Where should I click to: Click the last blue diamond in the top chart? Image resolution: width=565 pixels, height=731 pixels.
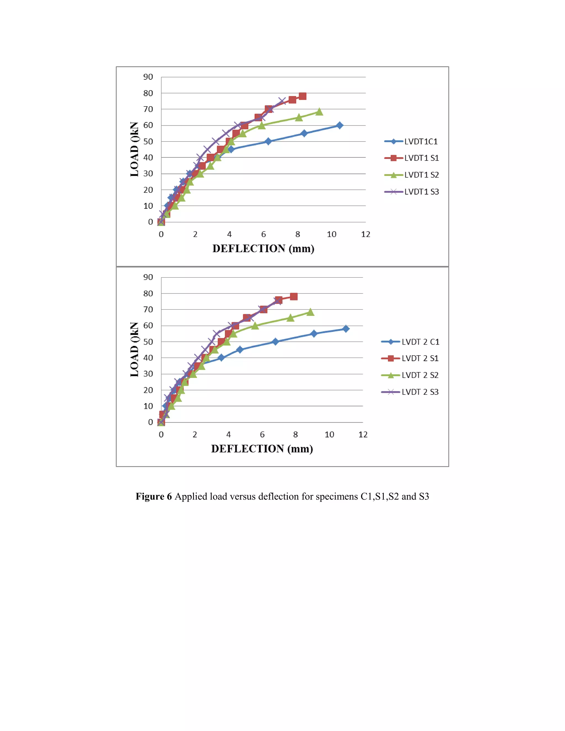[339, 126]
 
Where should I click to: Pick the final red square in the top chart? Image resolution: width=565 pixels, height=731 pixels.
[303, 96]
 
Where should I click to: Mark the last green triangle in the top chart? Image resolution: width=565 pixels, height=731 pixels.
[319, 112]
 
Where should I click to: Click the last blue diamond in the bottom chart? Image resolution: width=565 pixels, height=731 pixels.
[346, 329]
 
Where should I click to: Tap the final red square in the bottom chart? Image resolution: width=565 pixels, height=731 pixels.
[294, 297]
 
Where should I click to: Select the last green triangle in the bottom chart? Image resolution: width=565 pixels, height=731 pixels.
[310, 312]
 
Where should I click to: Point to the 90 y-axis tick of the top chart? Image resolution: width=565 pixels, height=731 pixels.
[148, 77]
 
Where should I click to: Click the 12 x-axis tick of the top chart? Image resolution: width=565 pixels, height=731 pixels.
[366, 234]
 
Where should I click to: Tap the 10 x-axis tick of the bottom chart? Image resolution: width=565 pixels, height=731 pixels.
[329, 434]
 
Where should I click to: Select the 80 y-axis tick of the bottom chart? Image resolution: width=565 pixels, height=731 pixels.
[148, 294]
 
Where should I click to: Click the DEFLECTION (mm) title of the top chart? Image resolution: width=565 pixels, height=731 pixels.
[263, 249]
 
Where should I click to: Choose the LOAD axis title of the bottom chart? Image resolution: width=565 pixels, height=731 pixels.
[134, 350]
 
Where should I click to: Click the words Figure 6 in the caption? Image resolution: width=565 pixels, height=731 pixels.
[154, 496]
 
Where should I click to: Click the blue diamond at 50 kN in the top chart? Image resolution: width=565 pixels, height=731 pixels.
[268, 141]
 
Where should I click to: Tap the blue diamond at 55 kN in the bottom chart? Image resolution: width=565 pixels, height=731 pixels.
[314, 334]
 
